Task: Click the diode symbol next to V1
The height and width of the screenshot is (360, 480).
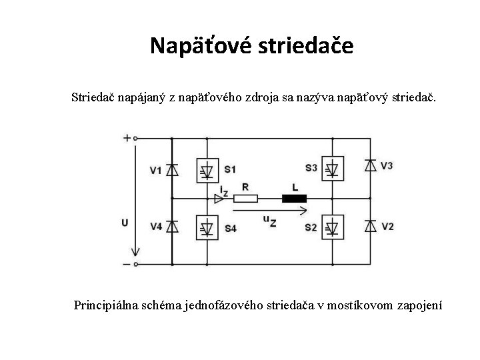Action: (x=172, y=169)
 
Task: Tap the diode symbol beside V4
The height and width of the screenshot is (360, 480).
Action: (x=172, y=227)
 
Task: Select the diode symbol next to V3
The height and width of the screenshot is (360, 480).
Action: (x=371, y=165)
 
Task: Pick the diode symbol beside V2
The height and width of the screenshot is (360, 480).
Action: (x=371, y=227)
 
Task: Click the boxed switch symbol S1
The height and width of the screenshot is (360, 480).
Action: (x=207, y=170)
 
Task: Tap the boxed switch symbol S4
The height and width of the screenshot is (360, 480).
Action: (x=207, y=227)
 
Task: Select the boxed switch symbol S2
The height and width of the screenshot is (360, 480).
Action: (x=333, y=227)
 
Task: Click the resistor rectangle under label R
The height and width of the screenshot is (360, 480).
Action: (x=246, y=198)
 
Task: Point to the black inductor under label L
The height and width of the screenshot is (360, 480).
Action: (x=294, y=198)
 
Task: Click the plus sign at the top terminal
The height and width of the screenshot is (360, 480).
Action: (x=127, y=139)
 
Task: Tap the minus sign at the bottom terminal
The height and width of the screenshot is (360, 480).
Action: (x=127, y=264)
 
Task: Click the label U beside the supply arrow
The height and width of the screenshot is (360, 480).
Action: (x=125, y=223)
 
